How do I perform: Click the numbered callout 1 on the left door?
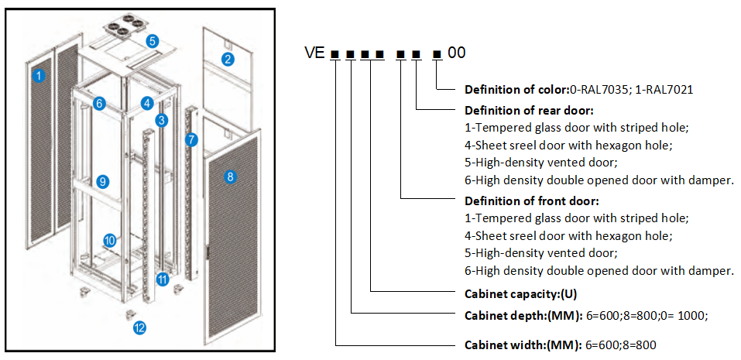pyautogui.click(x=39, y=75)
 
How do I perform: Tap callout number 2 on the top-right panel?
pyautogui.click(x=228, y=60)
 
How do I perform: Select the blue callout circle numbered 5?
pyautogui.click(x=153, y=40)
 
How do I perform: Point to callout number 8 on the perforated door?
pyautogui.click(x=229, y=177)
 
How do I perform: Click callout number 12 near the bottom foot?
pyautogui.click(x=140, y=327)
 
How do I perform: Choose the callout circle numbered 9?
pyautogui.click(x=102, y=181)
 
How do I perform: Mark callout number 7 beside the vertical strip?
pyautogui.click(x=192, y=140)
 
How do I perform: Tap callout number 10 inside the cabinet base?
pyautogui.click(x=110, y=240)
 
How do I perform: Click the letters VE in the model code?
pyautogui.click(x=314, y=53)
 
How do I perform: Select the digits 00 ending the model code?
pyautogui.click(x=457, y=53)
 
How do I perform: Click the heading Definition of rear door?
pyautogui.click(x=519, y=110)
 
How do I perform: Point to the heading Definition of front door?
pyautogui.click(x=520, y=201)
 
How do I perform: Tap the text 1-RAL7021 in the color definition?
pyautogui.click(x=664, y=89)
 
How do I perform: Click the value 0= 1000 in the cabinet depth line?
pyautogui.click(x=686, y=315)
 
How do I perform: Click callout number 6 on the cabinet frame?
pyautogui.click(x=99, y=103)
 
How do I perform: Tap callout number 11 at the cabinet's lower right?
pyautogui.click(x=163, y=279)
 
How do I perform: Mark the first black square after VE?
pyautogui.click(x=334, y=54)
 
